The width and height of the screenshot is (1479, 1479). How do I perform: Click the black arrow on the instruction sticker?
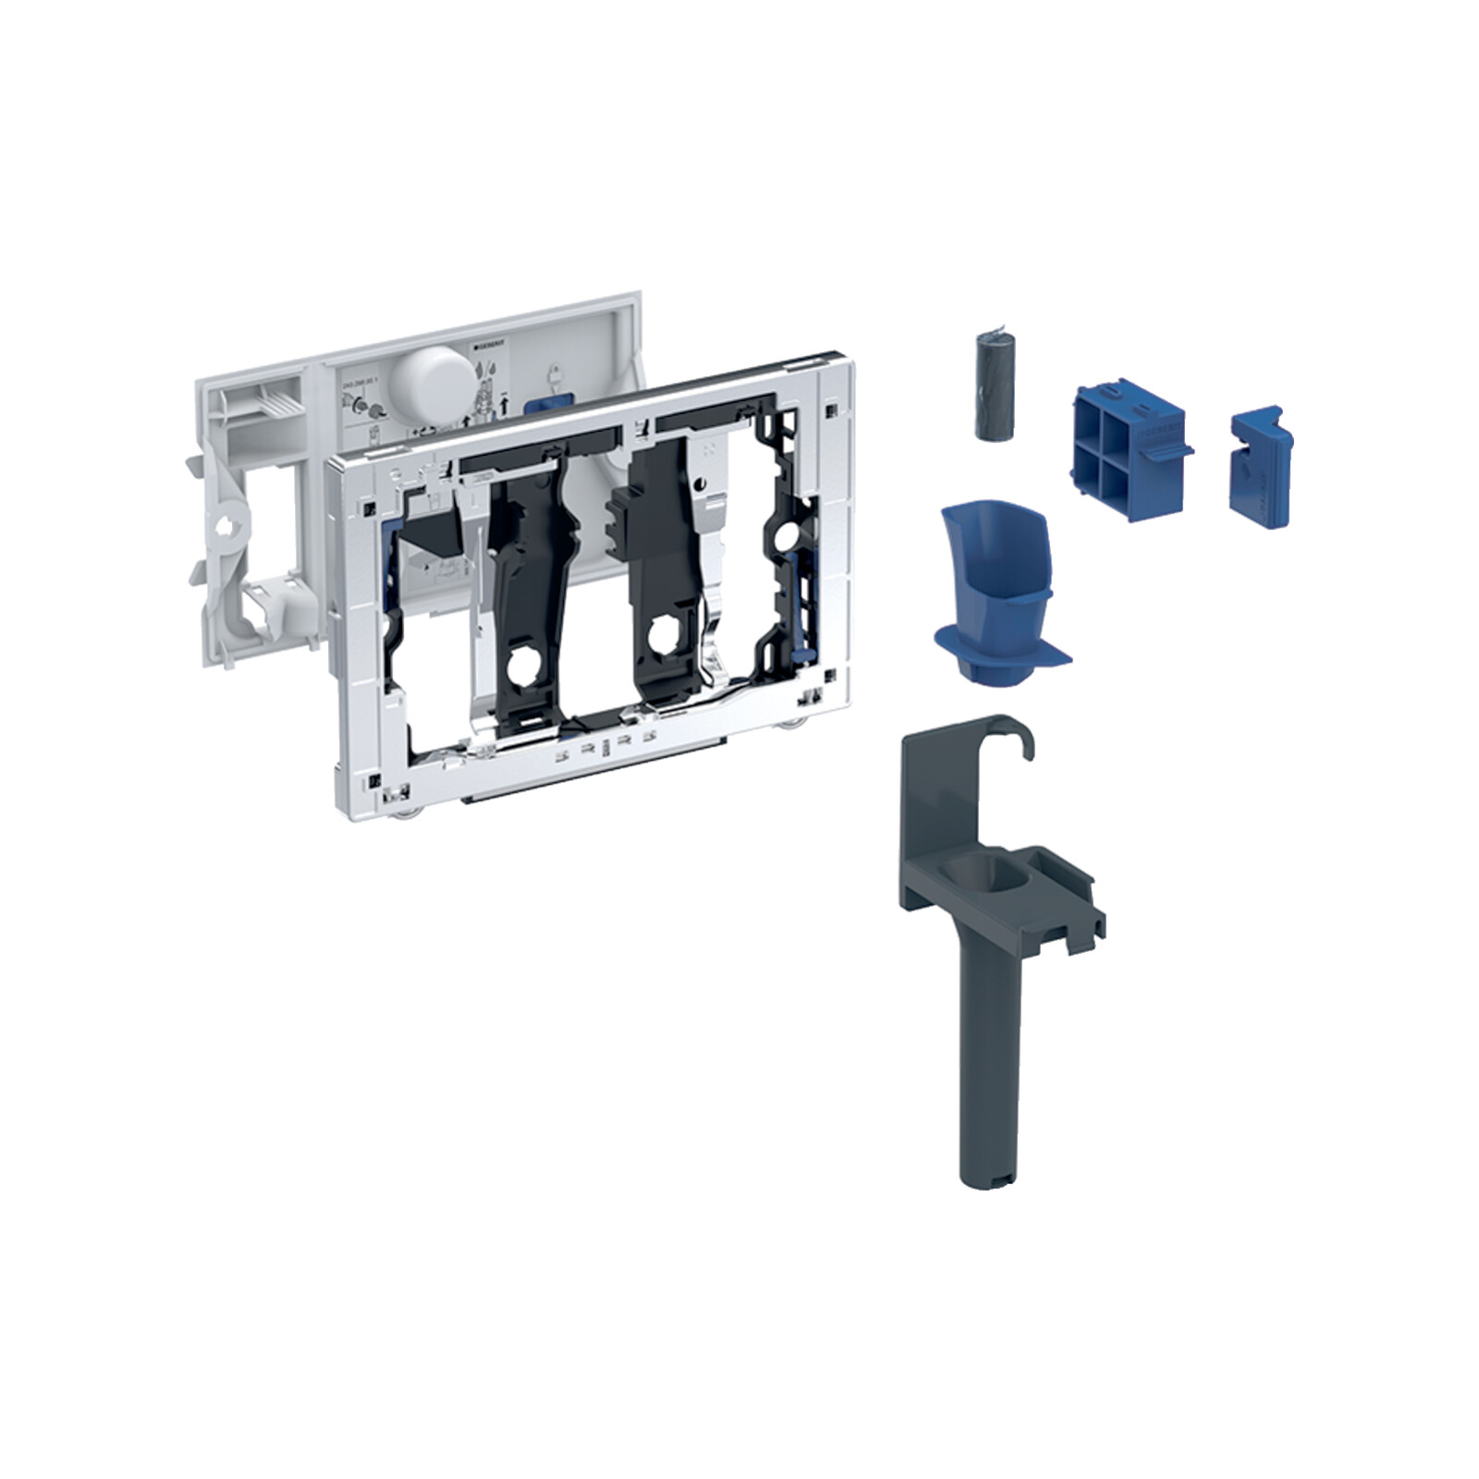pos(504,405)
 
